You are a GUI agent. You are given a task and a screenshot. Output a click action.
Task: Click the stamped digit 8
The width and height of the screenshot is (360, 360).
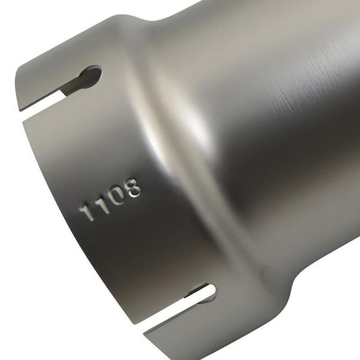point(135,188)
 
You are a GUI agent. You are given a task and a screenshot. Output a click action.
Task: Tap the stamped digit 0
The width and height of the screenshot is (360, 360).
point(120,198)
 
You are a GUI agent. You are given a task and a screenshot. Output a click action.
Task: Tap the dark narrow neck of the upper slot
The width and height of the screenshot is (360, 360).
point(71,86)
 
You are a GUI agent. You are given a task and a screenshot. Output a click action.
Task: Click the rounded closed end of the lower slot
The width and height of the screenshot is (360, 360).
point(210,290)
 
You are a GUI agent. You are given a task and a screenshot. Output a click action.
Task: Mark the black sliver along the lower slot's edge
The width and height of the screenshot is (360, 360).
point(195,290)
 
